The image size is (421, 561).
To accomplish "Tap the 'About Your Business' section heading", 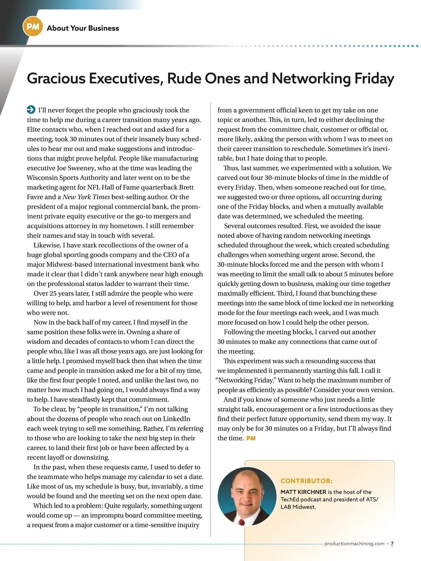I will pos(83,28).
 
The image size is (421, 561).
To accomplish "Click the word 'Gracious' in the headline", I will pos(56,78).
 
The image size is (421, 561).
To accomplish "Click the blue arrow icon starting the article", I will pos(31,110).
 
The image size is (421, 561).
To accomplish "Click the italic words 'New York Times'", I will pos(86,197).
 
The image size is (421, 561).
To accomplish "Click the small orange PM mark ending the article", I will pos(251,438).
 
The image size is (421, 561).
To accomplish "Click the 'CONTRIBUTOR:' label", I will pos(306,481).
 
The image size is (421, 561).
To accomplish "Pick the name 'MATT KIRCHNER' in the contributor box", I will pos(303,492).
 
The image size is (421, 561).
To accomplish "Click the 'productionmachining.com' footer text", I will pos(354,544).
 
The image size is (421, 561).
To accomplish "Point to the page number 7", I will pos(392,544).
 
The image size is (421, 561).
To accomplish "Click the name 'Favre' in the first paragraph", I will pos(35,197).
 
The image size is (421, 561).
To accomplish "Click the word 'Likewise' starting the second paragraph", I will pos(47,245).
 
